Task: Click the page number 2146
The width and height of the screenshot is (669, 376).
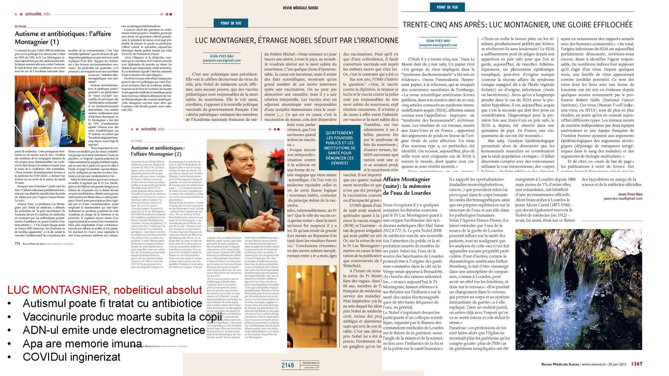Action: [288, 365]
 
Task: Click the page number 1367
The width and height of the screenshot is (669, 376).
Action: [637, 364]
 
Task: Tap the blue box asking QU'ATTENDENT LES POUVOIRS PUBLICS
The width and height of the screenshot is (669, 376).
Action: [339, 148]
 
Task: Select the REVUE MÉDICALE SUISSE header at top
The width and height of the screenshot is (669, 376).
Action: [300, 8]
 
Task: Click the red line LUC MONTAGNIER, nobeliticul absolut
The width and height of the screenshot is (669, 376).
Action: [104, 290]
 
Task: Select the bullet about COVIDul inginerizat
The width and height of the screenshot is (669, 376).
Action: [71, 357]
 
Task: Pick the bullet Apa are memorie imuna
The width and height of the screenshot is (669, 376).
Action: [82, 344]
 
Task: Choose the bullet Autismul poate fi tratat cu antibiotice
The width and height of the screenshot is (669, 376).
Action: [112, 303]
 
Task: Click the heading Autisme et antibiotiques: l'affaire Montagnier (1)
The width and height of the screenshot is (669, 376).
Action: [63, 37]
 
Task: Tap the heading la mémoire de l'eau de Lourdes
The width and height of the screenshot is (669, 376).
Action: [407, 186]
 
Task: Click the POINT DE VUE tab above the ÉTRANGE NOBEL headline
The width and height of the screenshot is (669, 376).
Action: [231, 23]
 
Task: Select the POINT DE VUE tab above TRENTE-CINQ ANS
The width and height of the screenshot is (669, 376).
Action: [447, 7]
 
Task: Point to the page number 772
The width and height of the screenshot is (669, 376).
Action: [17, 244]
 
